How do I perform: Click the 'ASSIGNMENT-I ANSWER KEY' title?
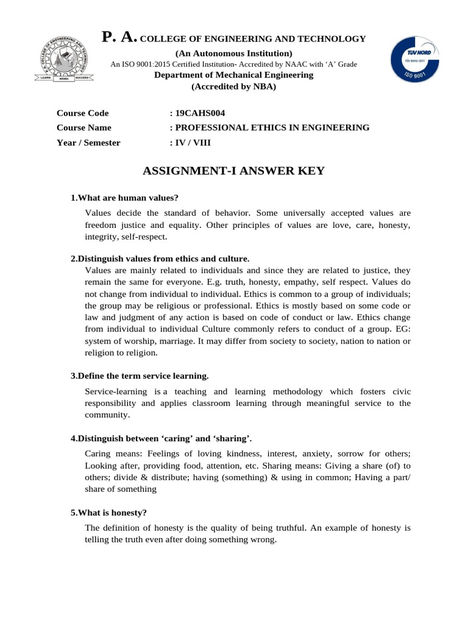point(233,171)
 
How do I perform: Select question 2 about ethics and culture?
point(160,258)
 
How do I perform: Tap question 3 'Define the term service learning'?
point(140,376)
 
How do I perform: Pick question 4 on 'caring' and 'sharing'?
point(161,439)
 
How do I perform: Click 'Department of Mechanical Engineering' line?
point(233,75)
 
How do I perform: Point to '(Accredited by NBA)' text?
point(233,87)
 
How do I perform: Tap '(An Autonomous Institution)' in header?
point(233,53)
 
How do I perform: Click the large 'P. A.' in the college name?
point(120,38)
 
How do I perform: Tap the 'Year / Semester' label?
point(88,143)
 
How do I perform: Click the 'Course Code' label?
point(82,113)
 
